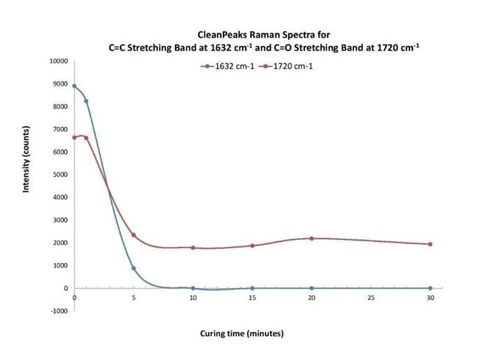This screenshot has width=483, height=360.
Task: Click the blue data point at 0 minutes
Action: point(74,86)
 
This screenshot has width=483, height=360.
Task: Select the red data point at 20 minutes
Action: point(311,239)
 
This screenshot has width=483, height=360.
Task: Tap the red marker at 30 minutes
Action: point(430,244)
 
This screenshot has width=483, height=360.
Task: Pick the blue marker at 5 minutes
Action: point(133,268)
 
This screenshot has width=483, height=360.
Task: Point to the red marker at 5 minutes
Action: point(133,235)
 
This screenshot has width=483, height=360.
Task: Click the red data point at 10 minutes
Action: point(193,248)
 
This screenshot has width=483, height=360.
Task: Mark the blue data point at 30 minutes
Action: point(430,288)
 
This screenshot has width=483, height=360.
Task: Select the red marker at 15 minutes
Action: point(252,246)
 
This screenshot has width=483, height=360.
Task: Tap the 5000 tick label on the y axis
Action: point(60,174)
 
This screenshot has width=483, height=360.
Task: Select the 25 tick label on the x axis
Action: point(371,298)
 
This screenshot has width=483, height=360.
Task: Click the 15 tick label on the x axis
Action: point(252,298)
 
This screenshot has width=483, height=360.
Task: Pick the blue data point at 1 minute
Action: point(86,101)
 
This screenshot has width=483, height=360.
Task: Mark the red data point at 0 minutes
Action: point(74,137)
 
